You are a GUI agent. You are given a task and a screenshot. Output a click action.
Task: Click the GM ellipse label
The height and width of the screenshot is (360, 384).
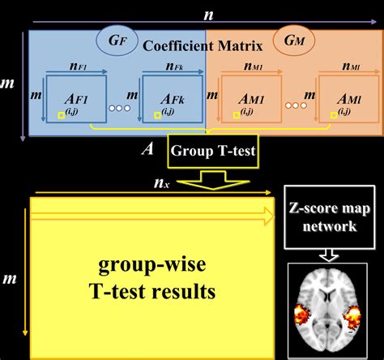(291, 41)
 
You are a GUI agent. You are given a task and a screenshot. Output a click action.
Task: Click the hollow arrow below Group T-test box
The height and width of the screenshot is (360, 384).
(213, 180)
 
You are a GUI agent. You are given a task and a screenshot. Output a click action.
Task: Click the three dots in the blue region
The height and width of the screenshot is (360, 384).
(119, 106)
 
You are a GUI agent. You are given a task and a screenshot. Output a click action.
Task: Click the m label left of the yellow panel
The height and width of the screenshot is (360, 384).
(11, 278)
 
